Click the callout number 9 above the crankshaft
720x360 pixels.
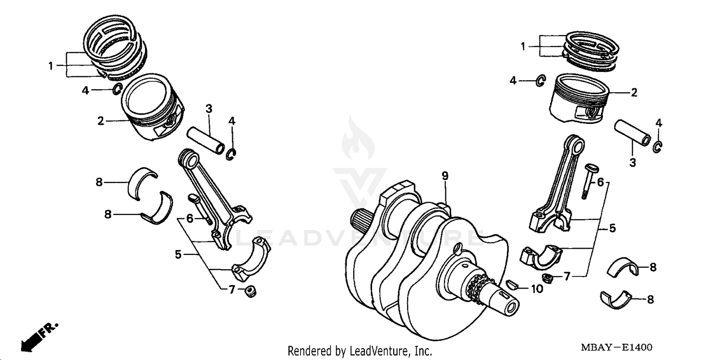[x=445, y=176]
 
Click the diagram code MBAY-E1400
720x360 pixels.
[x=617, y=348]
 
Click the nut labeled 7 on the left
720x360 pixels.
[x=250, y=291]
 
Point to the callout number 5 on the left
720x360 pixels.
[x=178, y=254]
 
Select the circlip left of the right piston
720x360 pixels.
[x=540, y=81]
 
